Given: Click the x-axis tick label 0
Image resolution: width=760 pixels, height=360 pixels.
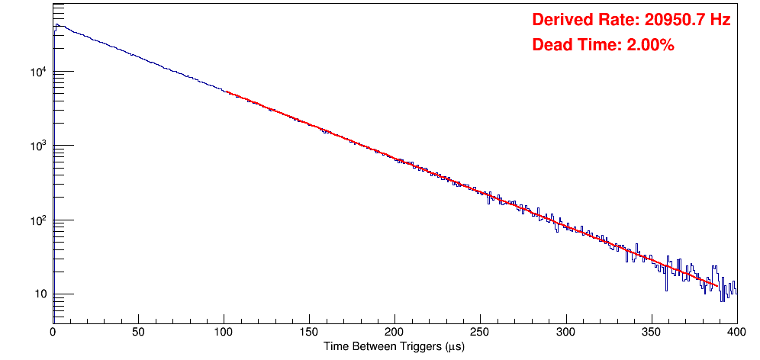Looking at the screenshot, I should point(53,333).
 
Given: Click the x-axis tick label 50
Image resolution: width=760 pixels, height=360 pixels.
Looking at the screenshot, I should point(138,333).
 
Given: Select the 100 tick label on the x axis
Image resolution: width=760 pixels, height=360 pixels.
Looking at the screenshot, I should point(224,333).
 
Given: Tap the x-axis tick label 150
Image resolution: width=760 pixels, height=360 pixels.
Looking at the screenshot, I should point(309,333).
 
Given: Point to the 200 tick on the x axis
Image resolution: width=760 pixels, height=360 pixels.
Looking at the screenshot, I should point(394,333).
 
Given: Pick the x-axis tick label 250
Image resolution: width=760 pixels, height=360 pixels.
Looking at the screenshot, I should point(480,333).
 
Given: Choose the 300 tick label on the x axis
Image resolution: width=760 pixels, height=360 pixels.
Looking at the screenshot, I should point(565,333).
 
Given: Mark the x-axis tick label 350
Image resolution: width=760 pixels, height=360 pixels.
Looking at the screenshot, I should point(651,333).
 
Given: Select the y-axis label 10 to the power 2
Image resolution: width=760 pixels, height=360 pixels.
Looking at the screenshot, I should point(38,220).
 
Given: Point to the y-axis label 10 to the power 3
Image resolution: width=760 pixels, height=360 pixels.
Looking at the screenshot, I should point(38,146).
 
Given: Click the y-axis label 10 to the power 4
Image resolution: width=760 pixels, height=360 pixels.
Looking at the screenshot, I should point(38,72).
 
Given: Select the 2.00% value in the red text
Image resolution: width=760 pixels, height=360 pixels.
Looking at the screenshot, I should point(650,46).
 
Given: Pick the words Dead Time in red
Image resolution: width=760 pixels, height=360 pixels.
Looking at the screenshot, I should point(576,46).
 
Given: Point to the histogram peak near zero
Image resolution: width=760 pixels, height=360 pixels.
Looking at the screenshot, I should point(56,24).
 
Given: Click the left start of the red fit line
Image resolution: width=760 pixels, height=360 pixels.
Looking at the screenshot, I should point(227,92).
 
